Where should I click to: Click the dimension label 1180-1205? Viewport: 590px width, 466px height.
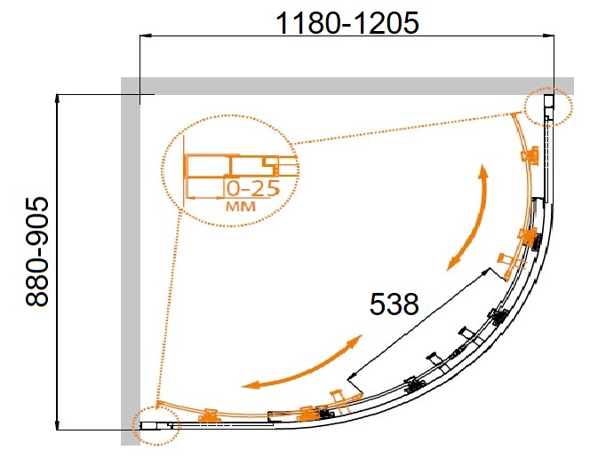347,22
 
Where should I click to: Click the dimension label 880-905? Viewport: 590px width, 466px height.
37,253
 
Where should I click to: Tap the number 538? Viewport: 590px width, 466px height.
394,304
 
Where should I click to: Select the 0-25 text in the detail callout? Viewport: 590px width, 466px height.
253,189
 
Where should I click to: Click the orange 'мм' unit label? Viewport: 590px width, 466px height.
241,206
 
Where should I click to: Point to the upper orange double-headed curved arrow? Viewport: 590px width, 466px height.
472,218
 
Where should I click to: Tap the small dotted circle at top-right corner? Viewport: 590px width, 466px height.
548,107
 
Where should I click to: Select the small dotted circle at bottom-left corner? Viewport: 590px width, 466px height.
156,426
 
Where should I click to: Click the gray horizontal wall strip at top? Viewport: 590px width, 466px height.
347,86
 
